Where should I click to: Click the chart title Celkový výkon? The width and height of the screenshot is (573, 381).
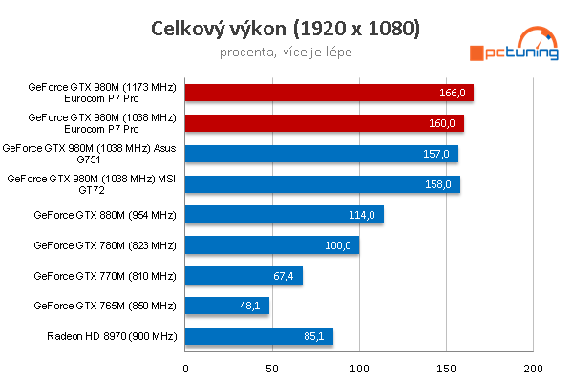(x=286, y=28)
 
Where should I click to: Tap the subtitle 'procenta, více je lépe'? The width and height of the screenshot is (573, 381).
(x=286, y=52)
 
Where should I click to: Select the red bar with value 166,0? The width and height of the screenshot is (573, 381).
(x=329, y=93)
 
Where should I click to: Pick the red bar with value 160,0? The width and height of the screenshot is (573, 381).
(x=324, y=123)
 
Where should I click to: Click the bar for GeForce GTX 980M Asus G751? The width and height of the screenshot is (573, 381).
(x=321, y=154)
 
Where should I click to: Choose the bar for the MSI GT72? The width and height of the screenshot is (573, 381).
(x=322, y=184)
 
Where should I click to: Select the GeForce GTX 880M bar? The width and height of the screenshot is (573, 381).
(x=284, y=215)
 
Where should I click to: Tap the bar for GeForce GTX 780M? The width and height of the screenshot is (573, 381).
(x=271, y=245)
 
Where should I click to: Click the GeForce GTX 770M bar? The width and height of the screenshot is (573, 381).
(x=244, y=276)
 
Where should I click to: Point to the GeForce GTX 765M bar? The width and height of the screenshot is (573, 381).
(x=226, y=307)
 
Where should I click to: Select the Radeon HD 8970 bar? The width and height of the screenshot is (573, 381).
(x=259, y=336)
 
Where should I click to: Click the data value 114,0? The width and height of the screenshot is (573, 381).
(x=362, y=215)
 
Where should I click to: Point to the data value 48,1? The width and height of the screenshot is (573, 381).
(x=252, y=307)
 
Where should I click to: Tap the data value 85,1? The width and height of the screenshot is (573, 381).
(x=316, y=336)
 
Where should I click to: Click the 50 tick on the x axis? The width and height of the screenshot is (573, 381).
(x=272, y=367)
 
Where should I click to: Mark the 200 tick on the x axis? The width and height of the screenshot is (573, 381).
(x=534, y=367)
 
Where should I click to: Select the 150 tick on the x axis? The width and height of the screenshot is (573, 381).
(x=447, y=367)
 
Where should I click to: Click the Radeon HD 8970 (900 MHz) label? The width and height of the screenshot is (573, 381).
(x=112, y=336)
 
